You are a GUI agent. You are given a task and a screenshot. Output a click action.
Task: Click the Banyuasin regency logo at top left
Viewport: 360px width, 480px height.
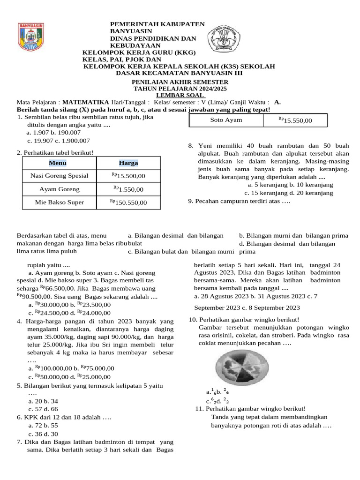click(31, 37)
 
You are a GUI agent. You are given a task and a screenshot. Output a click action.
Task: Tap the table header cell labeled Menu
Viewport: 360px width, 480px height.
click(59, 163)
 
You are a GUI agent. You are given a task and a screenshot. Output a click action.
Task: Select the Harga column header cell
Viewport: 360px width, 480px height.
click(128, 163)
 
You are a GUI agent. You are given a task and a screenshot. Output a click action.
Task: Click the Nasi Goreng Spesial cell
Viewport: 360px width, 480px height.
click(59, 176)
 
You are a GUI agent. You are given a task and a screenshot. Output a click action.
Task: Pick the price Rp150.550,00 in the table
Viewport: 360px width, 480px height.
click(128, 202)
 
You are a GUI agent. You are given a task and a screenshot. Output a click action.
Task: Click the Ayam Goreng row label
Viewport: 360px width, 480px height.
click(59, 189)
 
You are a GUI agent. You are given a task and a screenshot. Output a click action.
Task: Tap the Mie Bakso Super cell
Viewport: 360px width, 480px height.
click(59, 202)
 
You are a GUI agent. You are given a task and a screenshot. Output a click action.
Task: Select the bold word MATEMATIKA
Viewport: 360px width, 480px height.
click(86, 102)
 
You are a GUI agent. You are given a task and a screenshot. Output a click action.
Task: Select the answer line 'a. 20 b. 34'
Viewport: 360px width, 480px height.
click(43, 401)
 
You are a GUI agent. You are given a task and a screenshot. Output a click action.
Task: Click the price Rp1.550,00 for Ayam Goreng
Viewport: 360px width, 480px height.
click(128, 189)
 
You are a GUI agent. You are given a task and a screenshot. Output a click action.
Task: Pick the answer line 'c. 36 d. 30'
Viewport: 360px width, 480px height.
click(43, 434)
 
